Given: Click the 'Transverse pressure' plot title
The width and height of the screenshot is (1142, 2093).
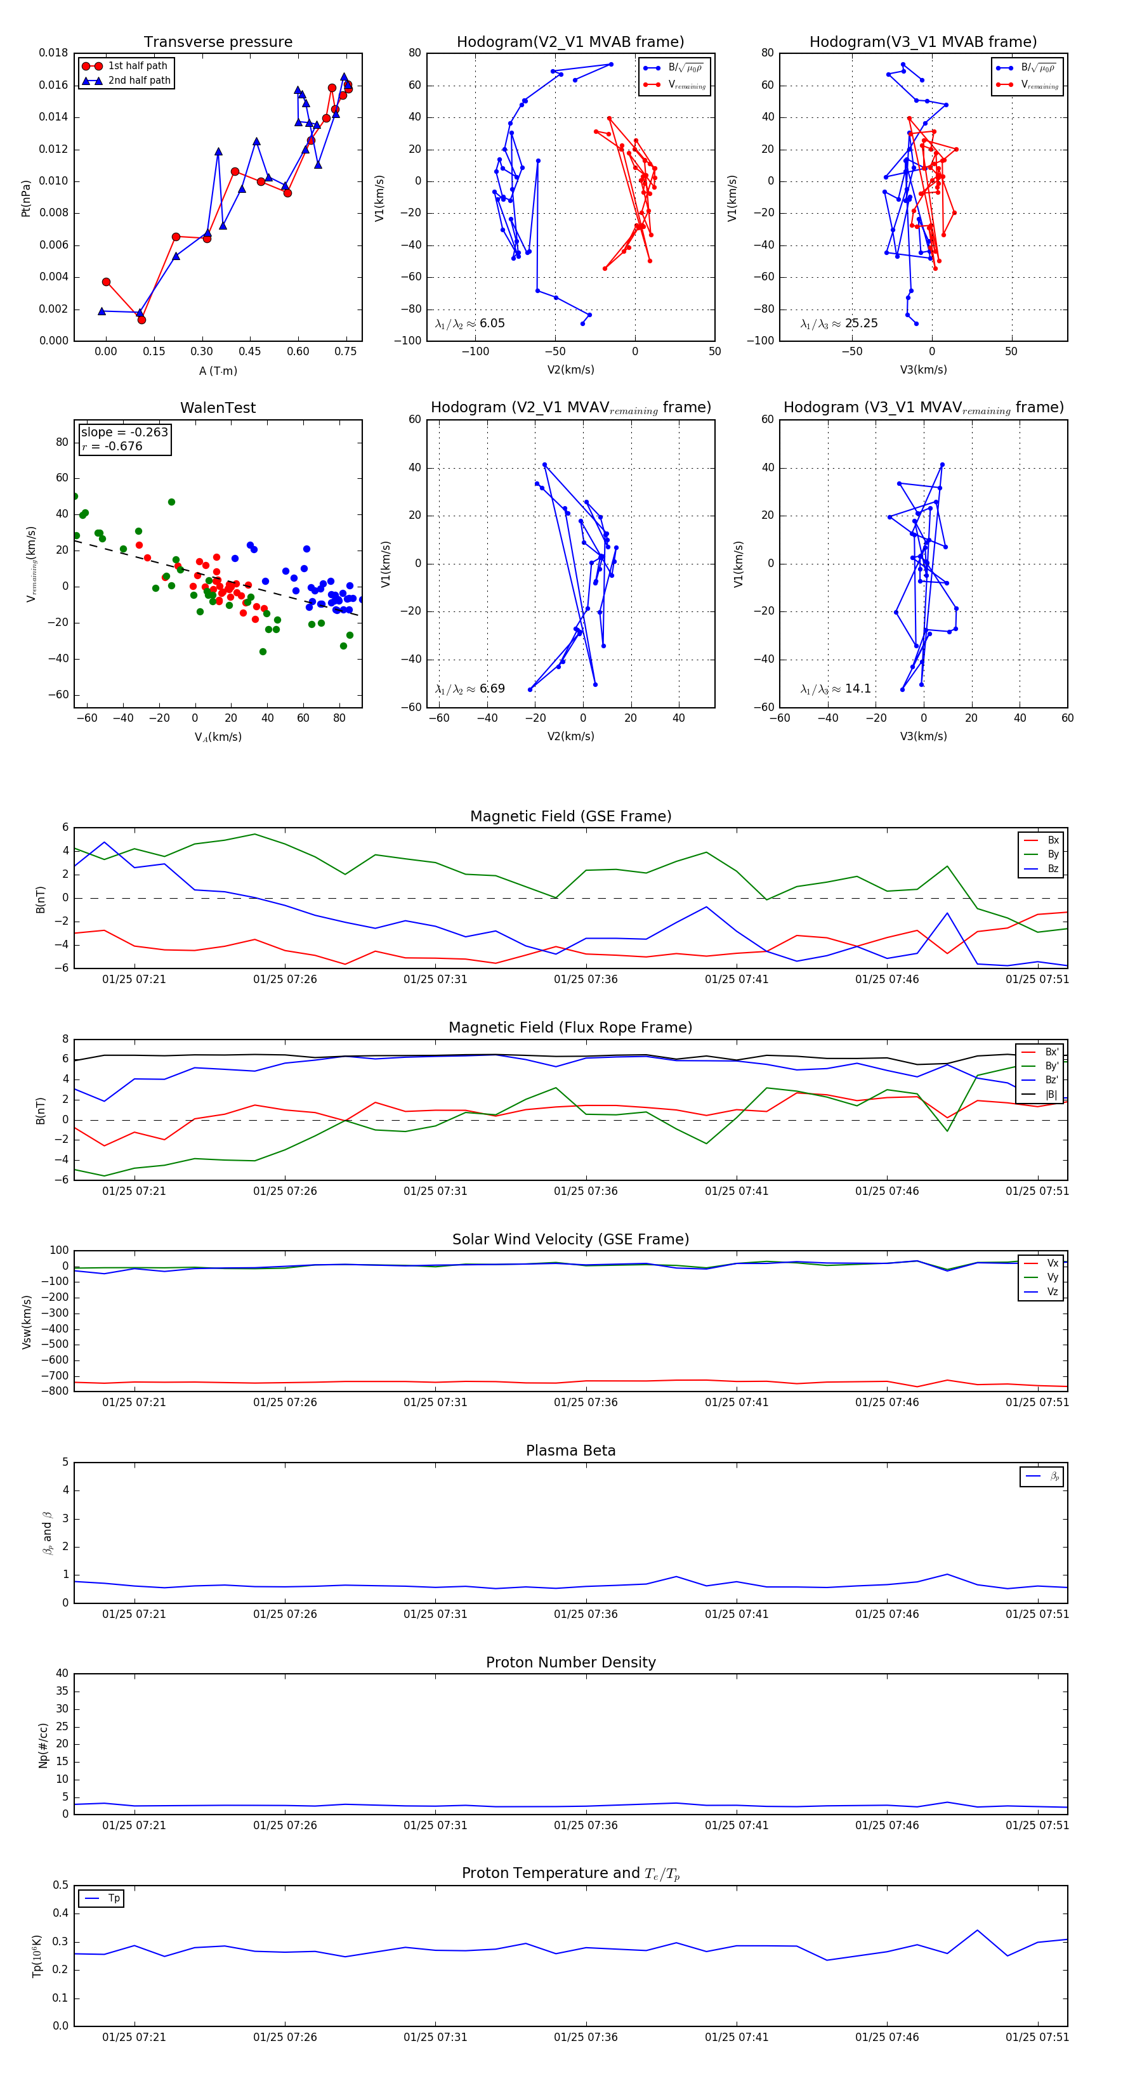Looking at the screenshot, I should (218, 42).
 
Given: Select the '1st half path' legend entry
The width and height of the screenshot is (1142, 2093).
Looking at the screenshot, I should (138, 66).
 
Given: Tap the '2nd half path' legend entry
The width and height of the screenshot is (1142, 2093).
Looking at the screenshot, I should (139, 81).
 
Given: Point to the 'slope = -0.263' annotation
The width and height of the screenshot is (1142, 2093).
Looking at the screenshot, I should (124, 433).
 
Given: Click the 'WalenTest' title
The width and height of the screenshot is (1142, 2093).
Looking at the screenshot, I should (218, 408).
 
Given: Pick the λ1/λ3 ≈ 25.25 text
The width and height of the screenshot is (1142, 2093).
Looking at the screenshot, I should (839, 323).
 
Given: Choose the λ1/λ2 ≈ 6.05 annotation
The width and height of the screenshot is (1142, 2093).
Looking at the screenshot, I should (469, 323).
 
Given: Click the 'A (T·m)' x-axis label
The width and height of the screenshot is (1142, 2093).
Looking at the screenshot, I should (218, 371).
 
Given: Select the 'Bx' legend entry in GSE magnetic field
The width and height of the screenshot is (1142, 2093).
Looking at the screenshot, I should (1053, 840).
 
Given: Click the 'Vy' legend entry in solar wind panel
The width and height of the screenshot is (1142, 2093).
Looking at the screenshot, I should (1053, 1277).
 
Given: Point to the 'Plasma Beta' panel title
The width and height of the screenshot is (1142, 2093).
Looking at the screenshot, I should (570, 1451).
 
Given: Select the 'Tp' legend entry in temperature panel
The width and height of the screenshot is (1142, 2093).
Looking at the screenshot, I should (114, 1898).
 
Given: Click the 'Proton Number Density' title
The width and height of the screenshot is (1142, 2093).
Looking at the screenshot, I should (570, 1662).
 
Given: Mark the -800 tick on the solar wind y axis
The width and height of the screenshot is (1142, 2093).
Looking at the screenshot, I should (58, 1391).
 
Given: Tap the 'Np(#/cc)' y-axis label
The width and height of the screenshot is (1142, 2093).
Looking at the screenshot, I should (43, 1745).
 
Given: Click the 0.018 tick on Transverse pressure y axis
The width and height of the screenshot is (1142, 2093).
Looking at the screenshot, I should (54, 53).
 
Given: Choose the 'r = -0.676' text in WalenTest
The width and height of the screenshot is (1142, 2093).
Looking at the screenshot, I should (112, 446).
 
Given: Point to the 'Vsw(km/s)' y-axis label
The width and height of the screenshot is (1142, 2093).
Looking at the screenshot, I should (27, 1322).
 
